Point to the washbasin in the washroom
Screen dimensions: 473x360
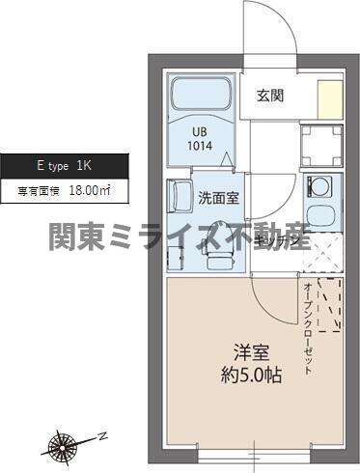pos(180,198)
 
